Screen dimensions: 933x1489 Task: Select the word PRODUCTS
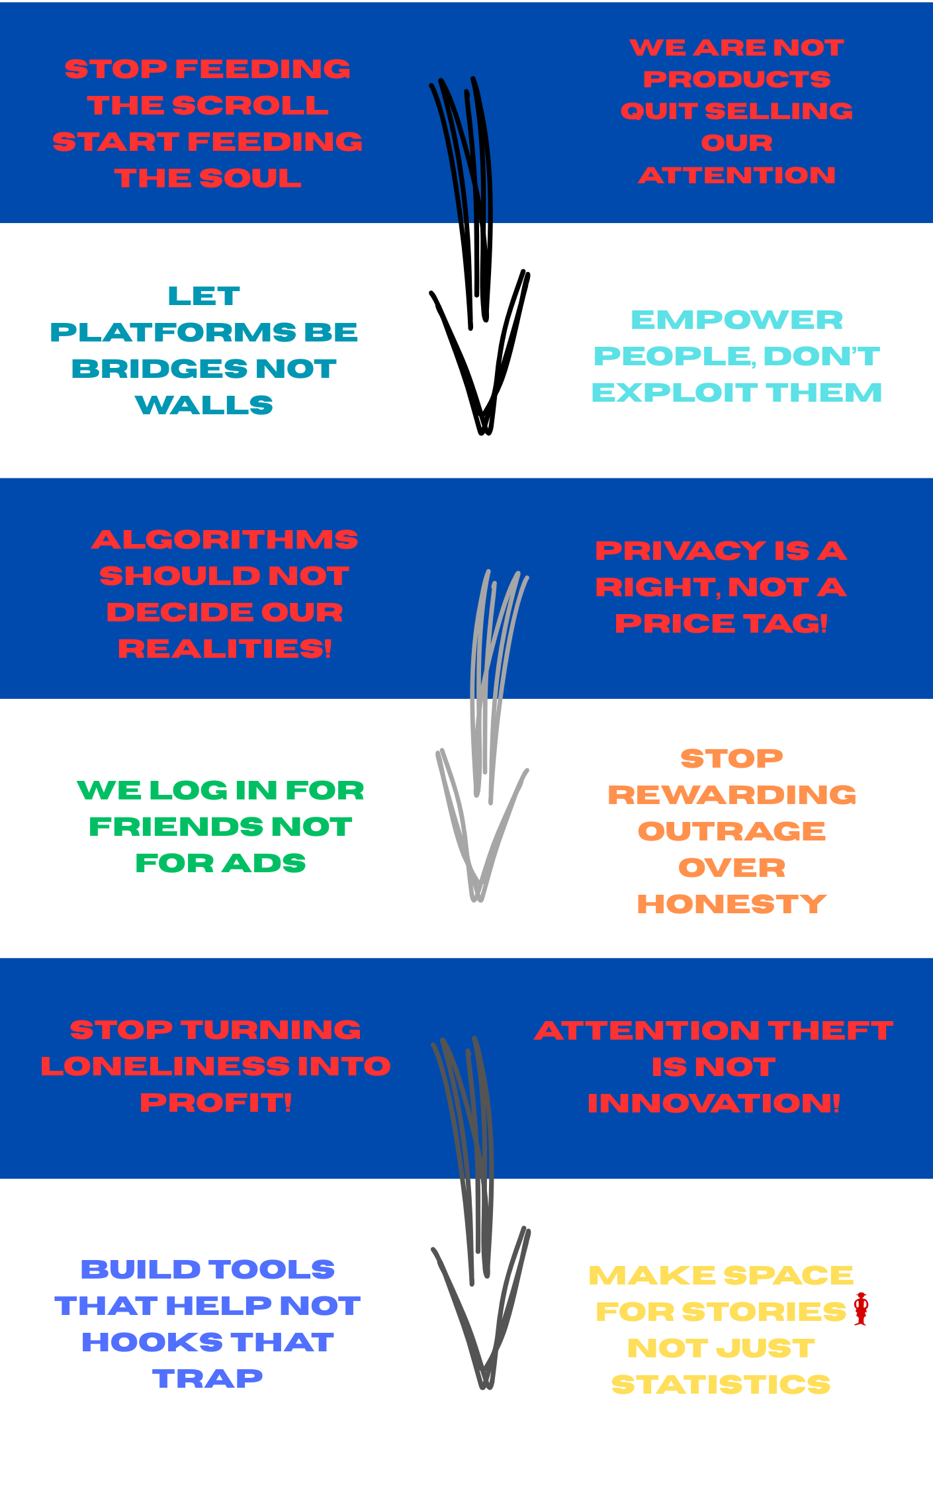pyautogui.click(x=736, y=79)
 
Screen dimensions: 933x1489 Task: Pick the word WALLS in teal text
pyautogui.click(x=204, y=406)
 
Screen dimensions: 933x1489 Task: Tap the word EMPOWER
pyautogui.click(x=736, y=320)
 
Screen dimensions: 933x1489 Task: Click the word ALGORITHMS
pyautogui.click(x=225, y=540)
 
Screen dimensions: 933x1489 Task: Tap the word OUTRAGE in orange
pyautogui.click(x=731, y=832)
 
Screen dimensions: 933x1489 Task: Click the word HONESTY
pyautogui.click(x=731, y=905)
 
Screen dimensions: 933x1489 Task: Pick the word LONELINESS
pyautogui.click(x=165, y=1066)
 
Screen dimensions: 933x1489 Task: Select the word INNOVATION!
pyautogui.click(x=713, y=1104)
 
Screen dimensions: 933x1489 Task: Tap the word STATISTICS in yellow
pyautogui.click(x=721, y=1385)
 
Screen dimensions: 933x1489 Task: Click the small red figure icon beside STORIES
pyautogui.click(x=861, y=1308)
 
